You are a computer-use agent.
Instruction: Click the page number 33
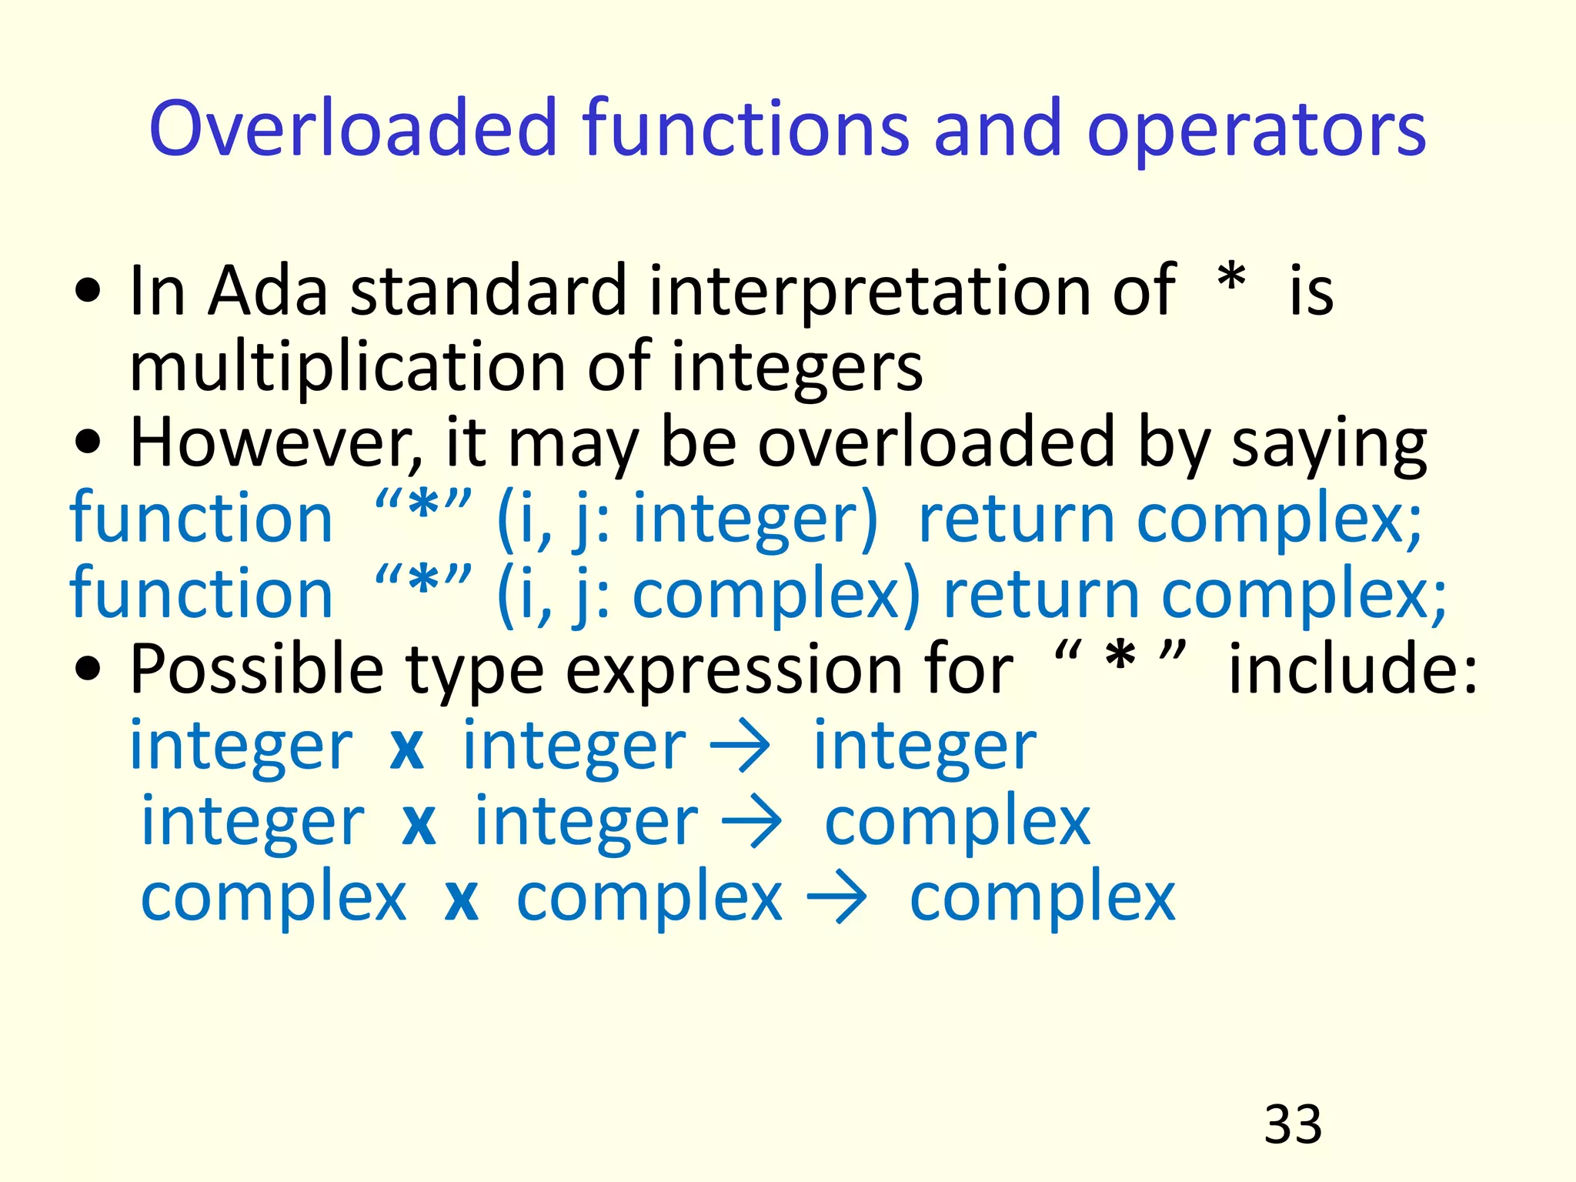click(x=1293, y=1124)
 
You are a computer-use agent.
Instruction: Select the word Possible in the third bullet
click(x=257, y=669)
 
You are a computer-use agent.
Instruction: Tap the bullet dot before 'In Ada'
click(x=88, y=292)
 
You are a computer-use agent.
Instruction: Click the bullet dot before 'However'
click(x=88, y=443)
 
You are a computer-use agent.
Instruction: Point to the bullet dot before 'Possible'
click(x=88, y=669)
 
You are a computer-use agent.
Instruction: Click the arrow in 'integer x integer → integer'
click(x=740, y=746)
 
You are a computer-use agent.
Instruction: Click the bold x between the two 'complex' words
click(x=462, y=900)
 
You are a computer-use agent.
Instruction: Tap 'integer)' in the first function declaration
click(x=754, y=519)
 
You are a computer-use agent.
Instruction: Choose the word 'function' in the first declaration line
click(x=201, y=518)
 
